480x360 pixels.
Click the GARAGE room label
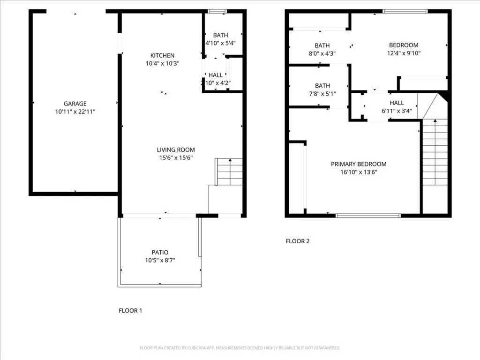(x=75, y=104)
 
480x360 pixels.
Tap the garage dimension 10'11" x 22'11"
(x=75, y=112)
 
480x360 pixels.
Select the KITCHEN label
(x=162, y=55)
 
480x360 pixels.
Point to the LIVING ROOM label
(x=175, y=150)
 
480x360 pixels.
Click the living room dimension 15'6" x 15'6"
(x=175, y=158)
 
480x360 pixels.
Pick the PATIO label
(x=160, y=252)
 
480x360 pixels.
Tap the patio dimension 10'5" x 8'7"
(x=160, y=260)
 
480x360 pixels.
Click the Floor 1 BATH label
(x=220, y=35)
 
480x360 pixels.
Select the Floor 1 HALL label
(x=216, y=75)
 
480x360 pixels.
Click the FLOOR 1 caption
(x=130, y=310)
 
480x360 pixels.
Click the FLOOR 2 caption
(x=298, y=241)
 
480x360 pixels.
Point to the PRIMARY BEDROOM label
(x=359, y=164)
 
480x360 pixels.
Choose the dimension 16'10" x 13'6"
(x=359, y=172)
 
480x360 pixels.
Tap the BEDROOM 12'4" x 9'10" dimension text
(x=404, y=53)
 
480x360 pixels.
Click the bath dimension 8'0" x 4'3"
(x=322, y=53)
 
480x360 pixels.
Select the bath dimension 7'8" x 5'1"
(x=322, y=93)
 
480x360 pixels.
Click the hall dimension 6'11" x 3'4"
(x=397, y=111)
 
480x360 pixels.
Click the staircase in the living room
(x=229, y=172)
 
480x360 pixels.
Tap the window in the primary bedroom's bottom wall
(x=368, y=216)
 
